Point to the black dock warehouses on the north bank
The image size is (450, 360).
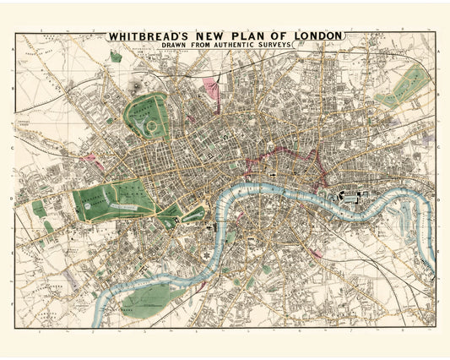(x=348, y=198)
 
